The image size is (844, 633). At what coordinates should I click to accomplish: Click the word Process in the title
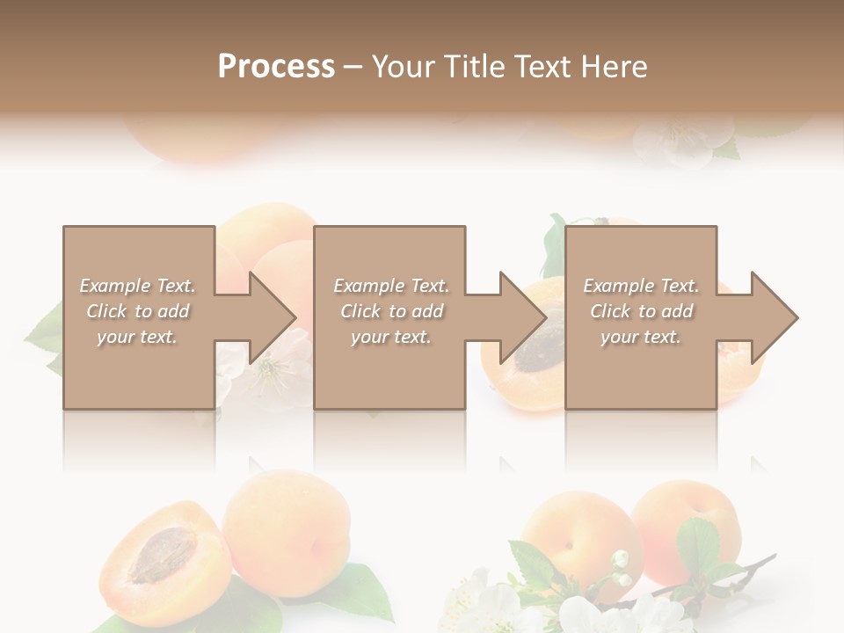click(x=276, y=67)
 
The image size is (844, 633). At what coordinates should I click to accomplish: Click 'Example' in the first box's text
click(x=114, y=286)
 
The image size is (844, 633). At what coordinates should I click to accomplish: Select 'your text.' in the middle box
click(x=391, y=337)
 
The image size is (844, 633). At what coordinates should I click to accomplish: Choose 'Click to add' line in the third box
click(x=642, y=311)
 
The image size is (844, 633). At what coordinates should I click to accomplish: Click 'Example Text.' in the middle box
click(x=391, y=286)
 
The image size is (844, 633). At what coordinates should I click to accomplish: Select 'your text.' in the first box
click(x=137, y=337)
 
